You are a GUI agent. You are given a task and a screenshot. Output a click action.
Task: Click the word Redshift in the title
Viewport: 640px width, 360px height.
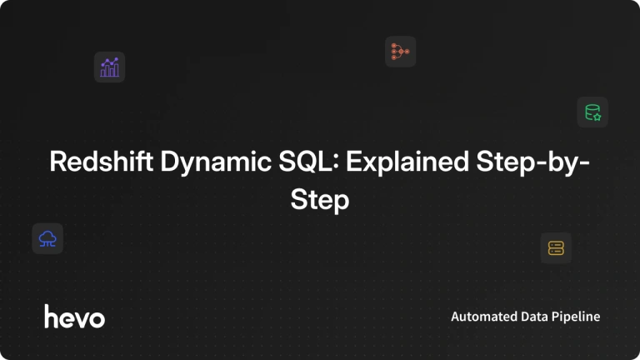tap(101, 161)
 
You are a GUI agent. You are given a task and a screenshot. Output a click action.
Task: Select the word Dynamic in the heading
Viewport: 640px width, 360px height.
tap(216, 163)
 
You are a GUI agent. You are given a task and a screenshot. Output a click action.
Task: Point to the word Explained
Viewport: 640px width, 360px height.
tap(407, 163)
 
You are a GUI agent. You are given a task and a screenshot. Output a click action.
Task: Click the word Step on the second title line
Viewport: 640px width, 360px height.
tap(320, 201)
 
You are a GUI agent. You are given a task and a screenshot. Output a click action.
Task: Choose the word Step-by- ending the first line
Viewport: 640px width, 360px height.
tap(533, 163)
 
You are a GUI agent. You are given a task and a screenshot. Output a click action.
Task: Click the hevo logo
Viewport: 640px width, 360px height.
tap(75, 317)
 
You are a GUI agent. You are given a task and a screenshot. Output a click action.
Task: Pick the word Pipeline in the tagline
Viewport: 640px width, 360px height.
tap(576, 317)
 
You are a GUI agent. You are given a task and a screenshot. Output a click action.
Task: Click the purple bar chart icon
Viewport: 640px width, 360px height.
tap(109, 67)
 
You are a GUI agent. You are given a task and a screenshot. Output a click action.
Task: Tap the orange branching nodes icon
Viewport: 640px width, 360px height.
tap(400, 52)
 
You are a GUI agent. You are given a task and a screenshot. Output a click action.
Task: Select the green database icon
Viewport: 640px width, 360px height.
tap(592, 112)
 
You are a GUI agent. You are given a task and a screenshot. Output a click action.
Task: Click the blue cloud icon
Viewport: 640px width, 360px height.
tap(47, 239)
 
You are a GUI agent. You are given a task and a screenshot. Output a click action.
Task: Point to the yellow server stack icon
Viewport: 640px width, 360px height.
tap(556, 248)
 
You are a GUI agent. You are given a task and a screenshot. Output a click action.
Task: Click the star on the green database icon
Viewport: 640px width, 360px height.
tap(597, 117)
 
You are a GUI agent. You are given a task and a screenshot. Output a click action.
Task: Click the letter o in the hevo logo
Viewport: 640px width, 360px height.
tap(97, 319)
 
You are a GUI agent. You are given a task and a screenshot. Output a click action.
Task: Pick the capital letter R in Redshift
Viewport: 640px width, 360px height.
tap(57, 161)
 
